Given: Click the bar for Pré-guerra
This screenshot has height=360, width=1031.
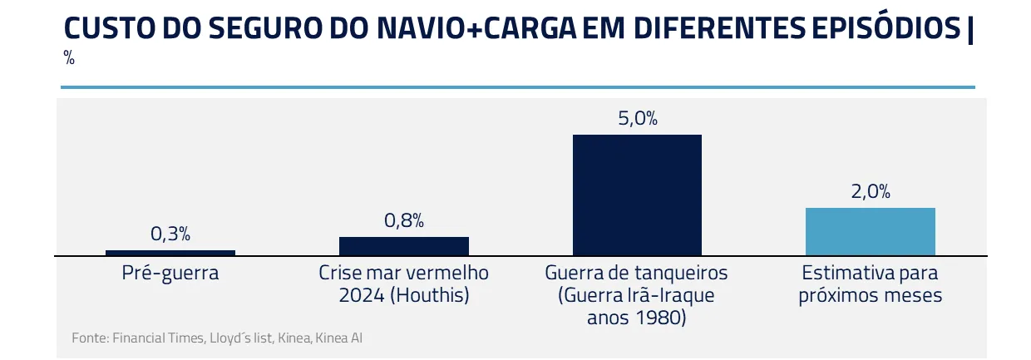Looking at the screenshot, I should [170, 253].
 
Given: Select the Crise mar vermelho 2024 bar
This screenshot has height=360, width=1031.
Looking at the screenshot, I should [404, 246].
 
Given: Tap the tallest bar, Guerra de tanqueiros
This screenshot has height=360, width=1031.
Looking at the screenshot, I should [637, 195].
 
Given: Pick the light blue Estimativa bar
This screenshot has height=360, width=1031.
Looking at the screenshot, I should [871, 231].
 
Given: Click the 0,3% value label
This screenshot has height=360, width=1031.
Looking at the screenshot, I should [170, 234].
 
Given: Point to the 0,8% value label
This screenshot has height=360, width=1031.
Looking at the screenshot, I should [404, 220].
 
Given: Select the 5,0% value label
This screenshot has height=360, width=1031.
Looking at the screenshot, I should [638, 118].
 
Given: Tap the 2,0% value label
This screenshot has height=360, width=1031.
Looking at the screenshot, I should [871, 191].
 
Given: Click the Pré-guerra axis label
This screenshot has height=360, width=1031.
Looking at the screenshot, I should [170, 273].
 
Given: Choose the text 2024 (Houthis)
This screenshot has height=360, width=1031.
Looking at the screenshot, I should [404, 295].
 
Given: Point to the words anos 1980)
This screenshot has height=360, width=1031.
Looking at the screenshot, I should [637, 318].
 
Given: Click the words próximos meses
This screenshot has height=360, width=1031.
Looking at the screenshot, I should [871, 295].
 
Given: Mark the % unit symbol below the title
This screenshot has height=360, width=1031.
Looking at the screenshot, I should [69, 58].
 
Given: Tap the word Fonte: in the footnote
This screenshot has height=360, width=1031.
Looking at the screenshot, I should [90, 338].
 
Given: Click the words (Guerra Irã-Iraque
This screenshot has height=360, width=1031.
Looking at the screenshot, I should [637, 295].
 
